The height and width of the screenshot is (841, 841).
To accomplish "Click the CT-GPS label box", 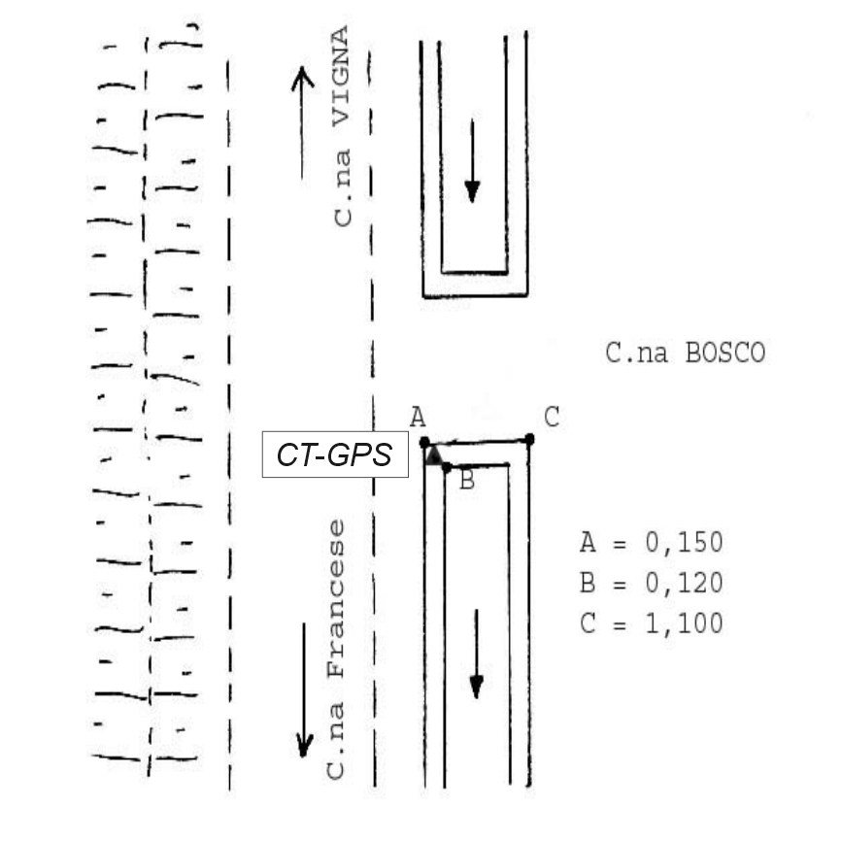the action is (335, 454).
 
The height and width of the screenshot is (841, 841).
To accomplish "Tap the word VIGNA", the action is (341, 76).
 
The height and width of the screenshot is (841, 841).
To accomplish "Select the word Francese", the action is (336, 598).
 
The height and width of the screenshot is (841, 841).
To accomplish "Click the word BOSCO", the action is (725, 353).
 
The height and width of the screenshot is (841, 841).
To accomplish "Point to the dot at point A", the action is (424, 443).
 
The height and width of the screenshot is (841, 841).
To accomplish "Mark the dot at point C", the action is (529, 439).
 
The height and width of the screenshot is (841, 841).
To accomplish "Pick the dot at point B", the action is (447, 468).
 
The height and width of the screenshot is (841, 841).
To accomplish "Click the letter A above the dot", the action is (418, 417).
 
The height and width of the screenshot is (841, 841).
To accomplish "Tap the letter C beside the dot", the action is (552, 417).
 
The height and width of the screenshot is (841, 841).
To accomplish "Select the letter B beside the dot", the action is (467, 481).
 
